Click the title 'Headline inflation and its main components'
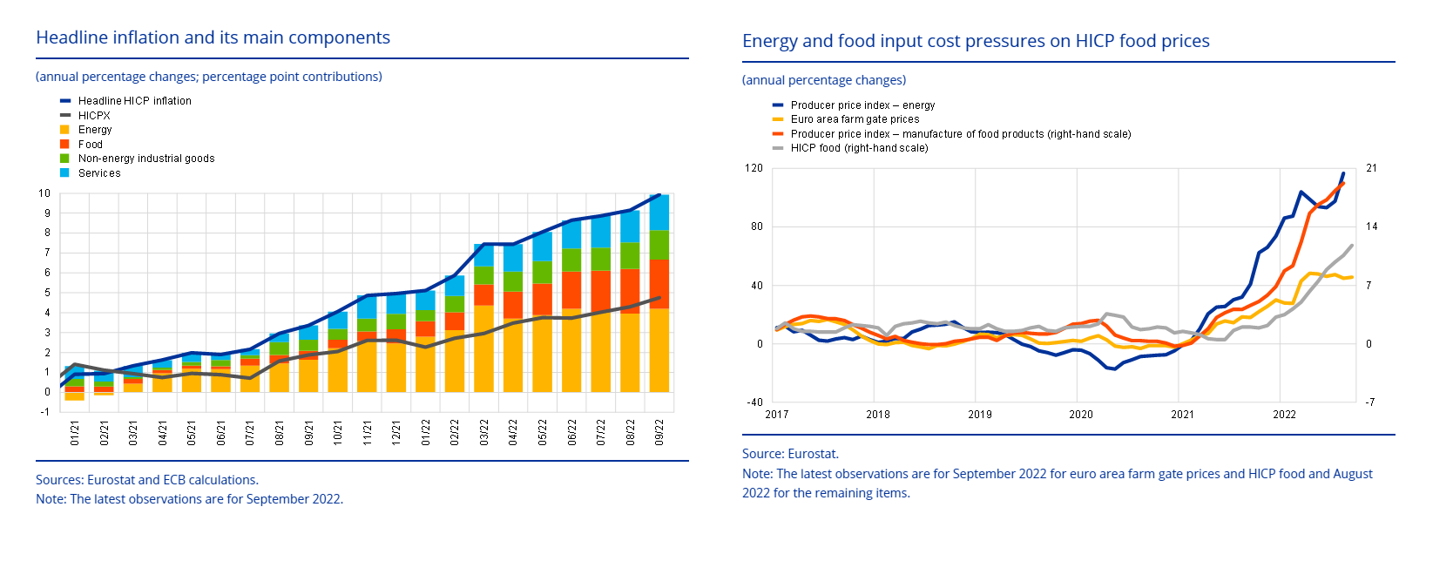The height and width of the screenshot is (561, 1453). click(x=213, y=37)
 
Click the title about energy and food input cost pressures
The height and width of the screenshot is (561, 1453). click(x=976, y=41)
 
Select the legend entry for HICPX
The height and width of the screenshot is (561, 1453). click(x=94, y=116)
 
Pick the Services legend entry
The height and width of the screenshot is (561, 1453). click(x=99, y=173)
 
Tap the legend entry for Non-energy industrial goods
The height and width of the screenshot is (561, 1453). click(x=145, y=159)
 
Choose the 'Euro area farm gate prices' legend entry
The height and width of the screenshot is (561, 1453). click(x=855, y=119)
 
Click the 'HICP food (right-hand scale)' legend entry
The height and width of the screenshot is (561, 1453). click(x=859, y=148)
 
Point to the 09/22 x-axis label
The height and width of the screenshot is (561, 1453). click(x=659, y=433)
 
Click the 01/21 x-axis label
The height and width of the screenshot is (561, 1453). click(x=75, y=433)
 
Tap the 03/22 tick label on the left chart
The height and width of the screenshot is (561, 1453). click(x=484, y=433)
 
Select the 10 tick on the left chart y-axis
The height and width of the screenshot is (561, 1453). click(x=44, y=193)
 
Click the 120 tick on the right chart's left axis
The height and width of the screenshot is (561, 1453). click(x=754, y=168)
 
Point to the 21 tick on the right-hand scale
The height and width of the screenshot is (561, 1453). click(x=1371, y=168)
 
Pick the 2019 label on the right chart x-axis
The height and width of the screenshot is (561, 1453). click(x=980, y=415)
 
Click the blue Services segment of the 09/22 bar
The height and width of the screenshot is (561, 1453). click(x=659, y=212)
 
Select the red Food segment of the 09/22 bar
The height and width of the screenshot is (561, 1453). click(x=659, y=283)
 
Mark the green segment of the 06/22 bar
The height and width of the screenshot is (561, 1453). click(x=571, y=260)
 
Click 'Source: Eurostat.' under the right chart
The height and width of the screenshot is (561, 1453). click(x=790, y=454)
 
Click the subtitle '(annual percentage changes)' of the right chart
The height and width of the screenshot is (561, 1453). click(x=824, y=80)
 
